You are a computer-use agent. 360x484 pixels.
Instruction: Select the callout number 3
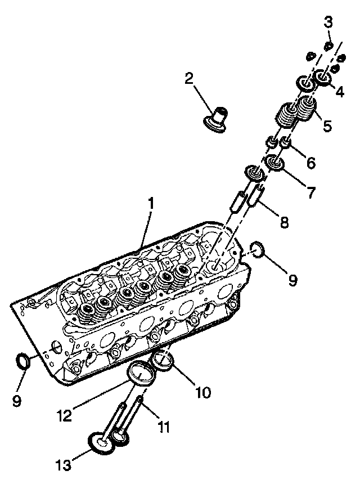(328, 22)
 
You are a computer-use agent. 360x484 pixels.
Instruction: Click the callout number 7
(310, 192)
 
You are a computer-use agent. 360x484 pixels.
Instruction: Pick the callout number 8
(285, 221)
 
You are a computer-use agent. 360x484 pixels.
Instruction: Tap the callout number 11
(163, 428)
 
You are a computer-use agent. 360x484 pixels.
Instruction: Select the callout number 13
(64, 465)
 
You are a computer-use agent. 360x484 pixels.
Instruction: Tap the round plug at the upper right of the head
(257, 249)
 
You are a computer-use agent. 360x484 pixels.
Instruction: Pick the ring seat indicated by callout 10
(163, 361)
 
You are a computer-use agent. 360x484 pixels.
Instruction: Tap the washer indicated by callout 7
(275, 163)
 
